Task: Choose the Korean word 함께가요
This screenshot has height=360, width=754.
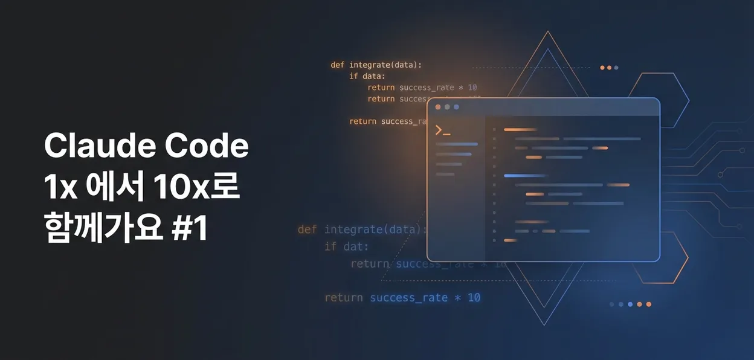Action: click(103, 230)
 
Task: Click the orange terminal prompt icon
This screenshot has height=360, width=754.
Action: click(442, 130)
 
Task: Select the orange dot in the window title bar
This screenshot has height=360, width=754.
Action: click(438, 107)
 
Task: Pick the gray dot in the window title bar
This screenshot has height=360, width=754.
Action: click(447, 107)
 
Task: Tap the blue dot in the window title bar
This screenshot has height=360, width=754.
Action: click(456, 107)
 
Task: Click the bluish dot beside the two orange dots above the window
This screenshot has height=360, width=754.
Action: click(616, 68)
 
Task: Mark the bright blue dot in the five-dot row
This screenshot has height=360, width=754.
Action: click(630, 304)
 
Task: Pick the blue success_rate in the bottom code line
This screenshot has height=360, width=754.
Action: click(409, 298)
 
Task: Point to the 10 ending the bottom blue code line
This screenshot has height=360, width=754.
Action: click(474, 298)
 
